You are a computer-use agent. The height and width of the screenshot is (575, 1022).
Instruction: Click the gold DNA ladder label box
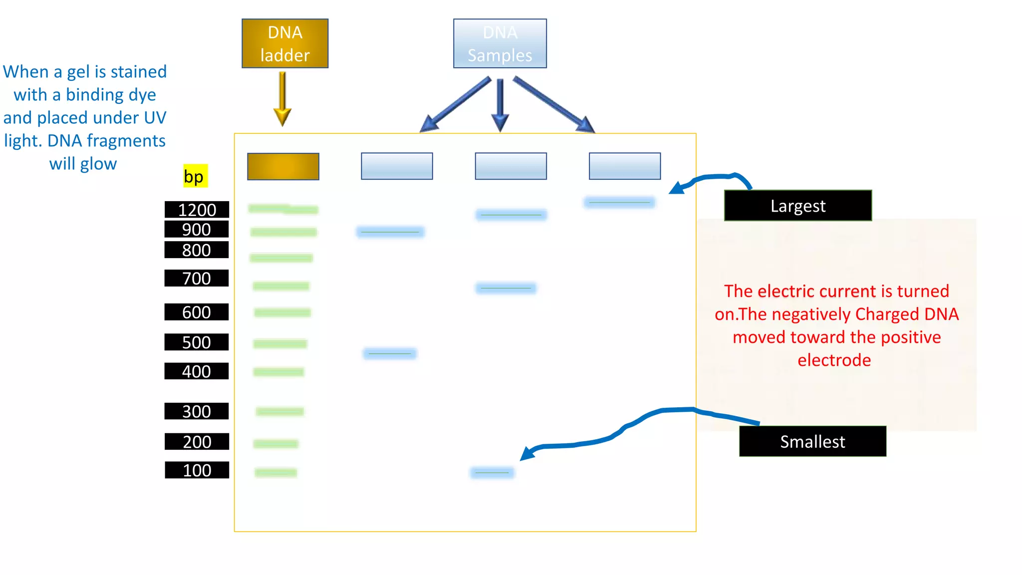tap(285, 43)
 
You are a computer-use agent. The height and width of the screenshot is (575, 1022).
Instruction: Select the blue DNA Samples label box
tap(500, 43)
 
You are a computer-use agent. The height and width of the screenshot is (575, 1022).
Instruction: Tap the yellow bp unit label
tap(195, 176)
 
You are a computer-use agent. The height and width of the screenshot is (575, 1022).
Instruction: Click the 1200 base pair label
tap(197, 210)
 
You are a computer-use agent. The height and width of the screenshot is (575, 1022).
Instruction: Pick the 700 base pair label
tap(197, 278)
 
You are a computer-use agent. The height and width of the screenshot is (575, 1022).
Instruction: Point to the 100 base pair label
tap(197, 470)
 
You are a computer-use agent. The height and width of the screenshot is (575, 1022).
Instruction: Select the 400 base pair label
tap(197, 371)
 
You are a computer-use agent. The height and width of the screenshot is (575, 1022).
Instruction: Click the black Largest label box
tap(797, 206)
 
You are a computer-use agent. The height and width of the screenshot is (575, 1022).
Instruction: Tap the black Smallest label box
tap(812, 441)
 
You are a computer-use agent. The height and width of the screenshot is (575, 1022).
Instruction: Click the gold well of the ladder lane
tap(283, 166)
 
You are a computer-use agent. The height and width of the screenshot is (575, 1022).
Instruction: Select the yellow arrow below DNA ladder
tap(282, 99)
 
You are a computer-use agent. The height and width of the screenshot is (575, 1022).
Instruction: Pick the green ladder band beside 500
tap(280, 344)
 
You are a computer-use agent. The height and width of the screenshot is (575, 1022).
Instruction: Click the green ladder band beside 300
tap(280, 412)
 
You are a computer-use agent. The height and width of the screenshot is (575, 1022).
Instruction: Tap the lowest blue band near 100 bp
tap(492, 473)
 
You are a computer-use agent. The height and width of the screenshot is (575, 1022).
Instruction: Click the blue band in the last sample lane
tap(619, 203)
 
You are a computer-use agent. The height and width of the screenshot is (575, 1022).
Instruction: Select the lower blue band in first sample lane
tap(390, 354)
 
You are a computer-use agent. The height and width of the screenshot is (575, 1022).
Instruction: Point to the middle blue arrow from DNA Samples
tap(500, 105)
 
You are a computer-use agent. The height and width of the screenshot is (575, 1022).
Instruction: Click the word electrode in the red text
tap(834, 360)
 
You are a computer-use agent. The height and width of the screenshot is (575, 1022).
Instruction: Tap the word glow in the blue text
tap(98, 164)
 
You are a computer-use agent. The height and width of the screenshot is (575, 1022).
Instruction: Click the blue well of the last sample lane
tap(624, 166)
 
